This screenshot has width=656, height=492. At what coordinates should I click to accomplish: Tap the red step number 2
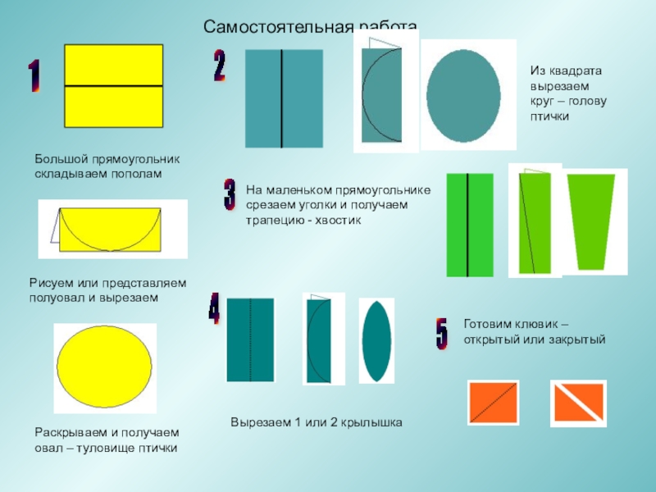click(x=220, y=66)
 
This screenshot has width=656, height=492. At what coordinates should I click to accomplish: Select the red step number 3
click(x=230, y=194)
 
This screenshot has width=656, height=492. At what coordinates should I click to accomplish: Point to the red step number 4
click(x=214, y=307)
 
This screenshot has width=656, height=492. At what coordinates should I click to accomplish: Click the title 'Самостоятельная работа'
click(x=311, y=28)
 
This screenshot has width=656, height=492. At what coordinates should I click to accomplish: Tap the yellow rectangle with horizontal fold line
click(x=113, y=86)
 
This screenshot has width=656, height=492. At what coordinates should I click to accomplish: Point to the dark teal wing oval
click(x=376, y=341)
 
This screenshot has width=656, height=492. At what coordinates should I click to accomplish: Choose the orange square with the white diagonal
click(x=577, y=403)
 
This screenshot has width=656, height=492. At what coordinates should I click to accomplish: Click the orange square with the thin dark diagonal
click(x=493, y=403)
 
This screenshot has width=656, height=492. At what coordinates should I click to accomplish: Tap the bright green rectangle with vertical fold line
click(x=469, y=224)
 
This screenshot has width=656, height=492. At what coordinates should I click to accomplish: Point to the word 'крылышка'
click(x=372, y=422)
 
